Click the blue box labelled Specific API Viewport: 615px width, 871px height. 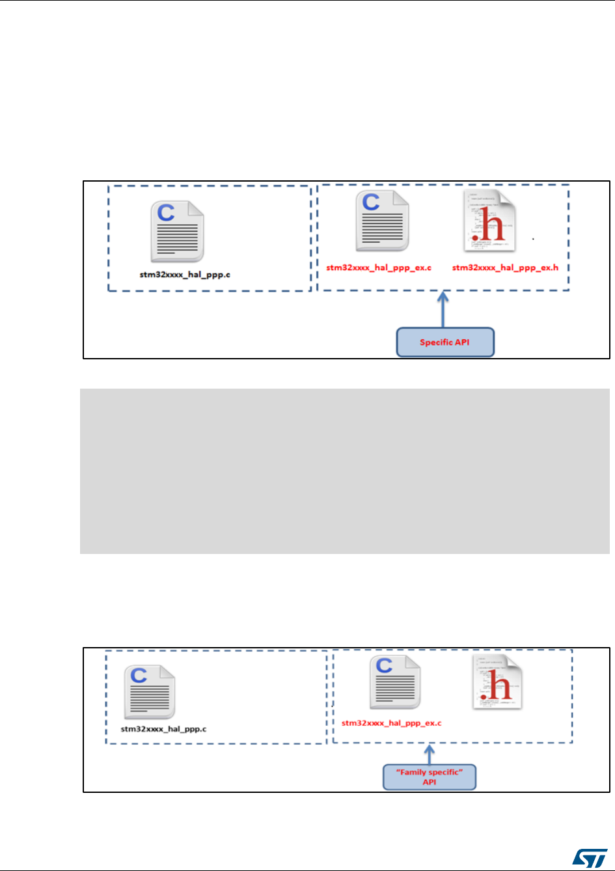445,342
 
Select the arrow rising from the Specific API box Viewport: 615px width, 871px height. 444,311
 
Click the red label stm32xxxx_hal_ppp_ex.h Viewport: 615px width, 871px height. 505,268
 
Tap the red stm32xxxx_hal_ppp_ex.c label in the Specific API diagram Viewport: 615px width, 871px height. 379,268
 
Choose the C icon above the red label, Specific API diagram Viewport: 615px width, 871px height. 383,221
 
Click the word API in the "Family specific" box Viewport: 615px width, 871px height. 430,782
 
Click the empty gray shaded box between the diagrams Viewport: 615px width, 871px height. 345,471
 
